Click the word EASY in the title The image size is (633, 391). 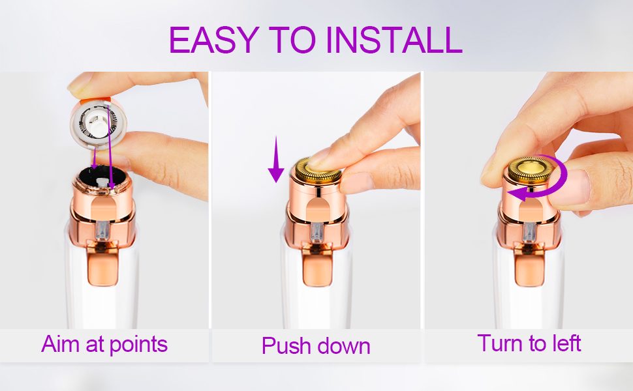[212, 40]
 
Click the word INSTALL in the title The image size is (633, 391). [395, 40]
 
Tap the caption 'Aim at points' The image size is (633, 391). [104, 343]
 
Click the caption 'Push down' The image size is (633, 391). [316, 345]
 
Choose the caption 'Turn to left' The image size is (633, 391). [529, 343]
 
